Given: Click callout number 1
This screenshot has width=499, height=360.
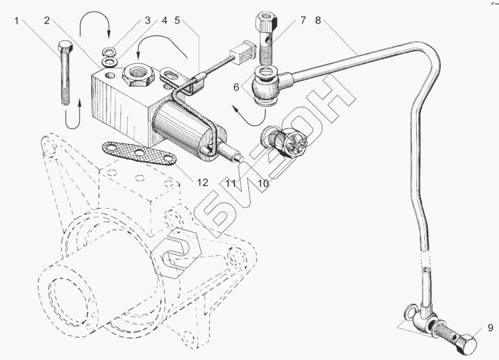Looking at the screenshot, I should [17, 20].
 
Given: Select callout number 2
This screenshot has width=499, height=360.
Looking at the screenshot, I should [47, 20].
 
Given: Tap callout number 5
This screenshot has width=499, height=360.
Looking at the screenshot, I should [177, 20].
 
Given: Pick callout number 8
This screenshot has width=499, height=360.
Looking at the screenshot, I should [318, 20].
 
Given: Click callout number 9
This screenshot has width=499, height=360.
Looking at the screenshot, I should [490, 327].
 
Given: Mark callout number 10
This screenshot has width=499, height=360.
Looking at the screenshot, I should [263, 183].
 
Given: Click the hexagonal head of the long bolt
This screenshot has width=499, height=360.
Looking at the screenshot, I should [64, 48].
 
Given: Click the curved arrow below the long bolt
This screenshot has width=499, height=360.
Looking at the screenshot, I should [74, 116].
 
